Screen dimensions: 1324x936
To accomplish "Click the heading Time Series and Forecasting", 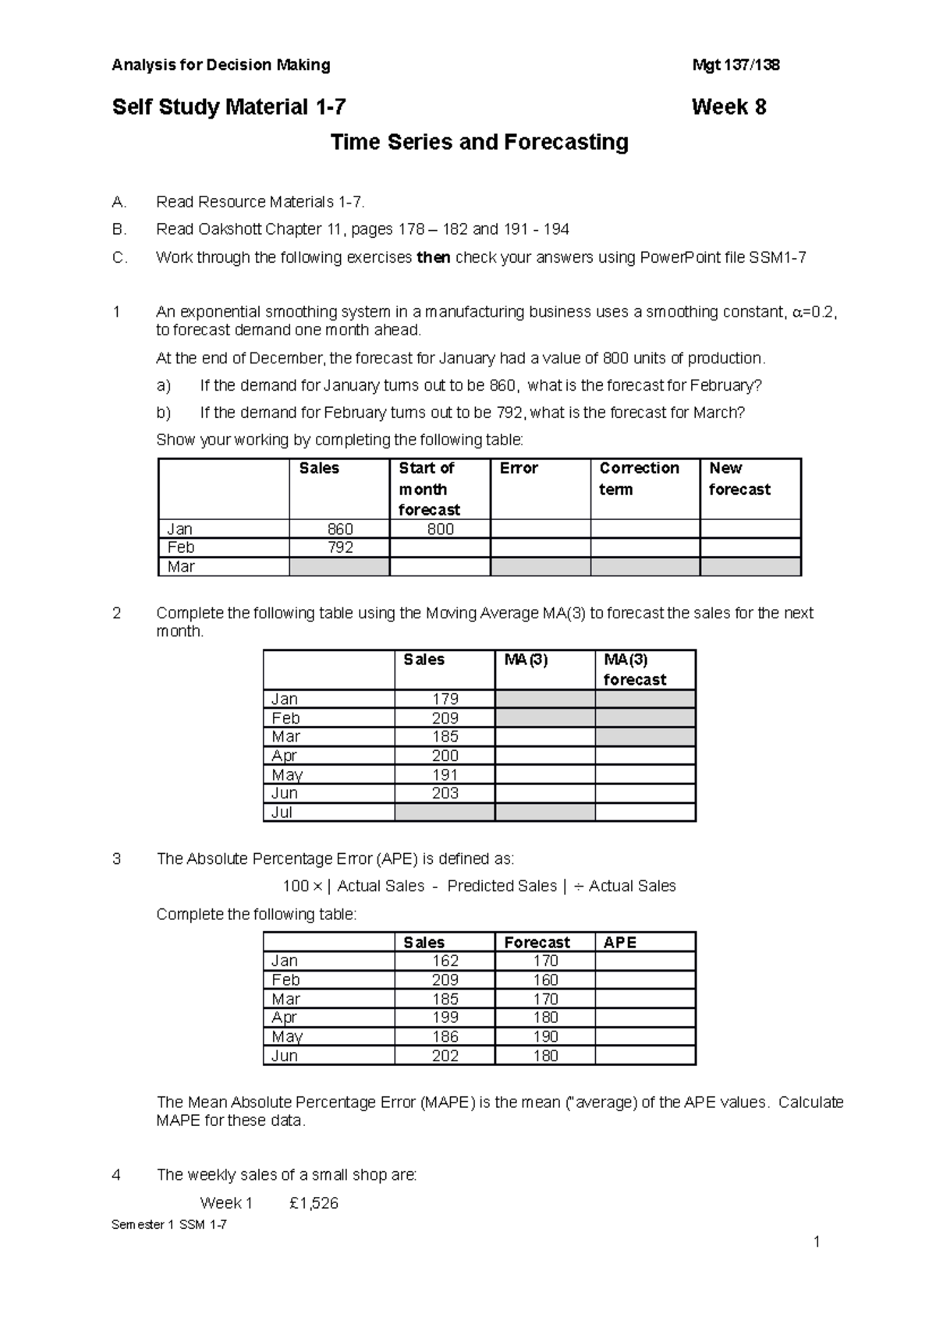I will coord(479,143).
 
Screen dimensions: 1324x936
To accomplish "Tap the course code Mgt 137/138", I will coord(736,65).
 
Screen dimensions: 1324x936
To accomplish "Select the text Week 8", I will coord(729,108).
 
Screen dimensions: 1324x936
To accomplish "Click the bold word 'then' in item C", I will coord(434,257).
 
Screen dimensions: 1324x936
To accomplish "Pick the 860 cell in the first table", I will coord(340,529).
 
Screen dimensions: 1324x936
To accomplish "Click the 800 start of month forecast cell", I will coord(440,529).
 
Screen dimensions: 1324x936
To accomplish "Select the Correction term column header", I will coord(639,479).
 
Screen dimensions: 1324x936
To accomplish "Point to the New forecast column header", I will coord(739,479).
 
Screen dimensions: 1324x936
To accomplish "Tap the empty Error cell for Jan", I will coord(540,529).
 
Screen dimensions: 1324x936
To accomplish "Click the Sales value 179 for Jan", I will coord(445,699).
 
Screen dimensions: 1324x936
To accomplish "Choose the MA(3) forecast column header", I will coord(635,670).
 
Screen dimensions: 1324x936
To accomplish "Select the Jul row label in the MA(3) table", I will coord(282,812).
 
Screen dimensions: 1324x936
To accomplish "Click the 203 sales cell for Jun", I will coord(445,793).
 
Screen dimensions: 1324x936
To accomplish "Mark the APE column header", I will coord(620,942).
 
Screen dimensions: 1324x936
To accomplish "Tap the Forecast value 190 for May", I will coord(545,1036).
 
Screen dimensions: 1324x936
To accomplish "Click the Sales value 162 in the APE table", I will coord(445,961).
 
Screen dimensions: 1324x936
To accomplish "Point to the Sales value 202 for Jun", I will coord(445,1056).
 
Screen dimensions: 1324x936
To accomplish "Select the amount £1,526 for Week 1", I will coord(314,1203).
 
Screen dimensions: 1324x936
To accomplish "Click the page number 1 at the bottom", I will coord(816,1242).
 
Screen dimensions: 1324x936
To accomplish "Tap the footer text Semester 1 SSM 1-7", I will coord(169,1224).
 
